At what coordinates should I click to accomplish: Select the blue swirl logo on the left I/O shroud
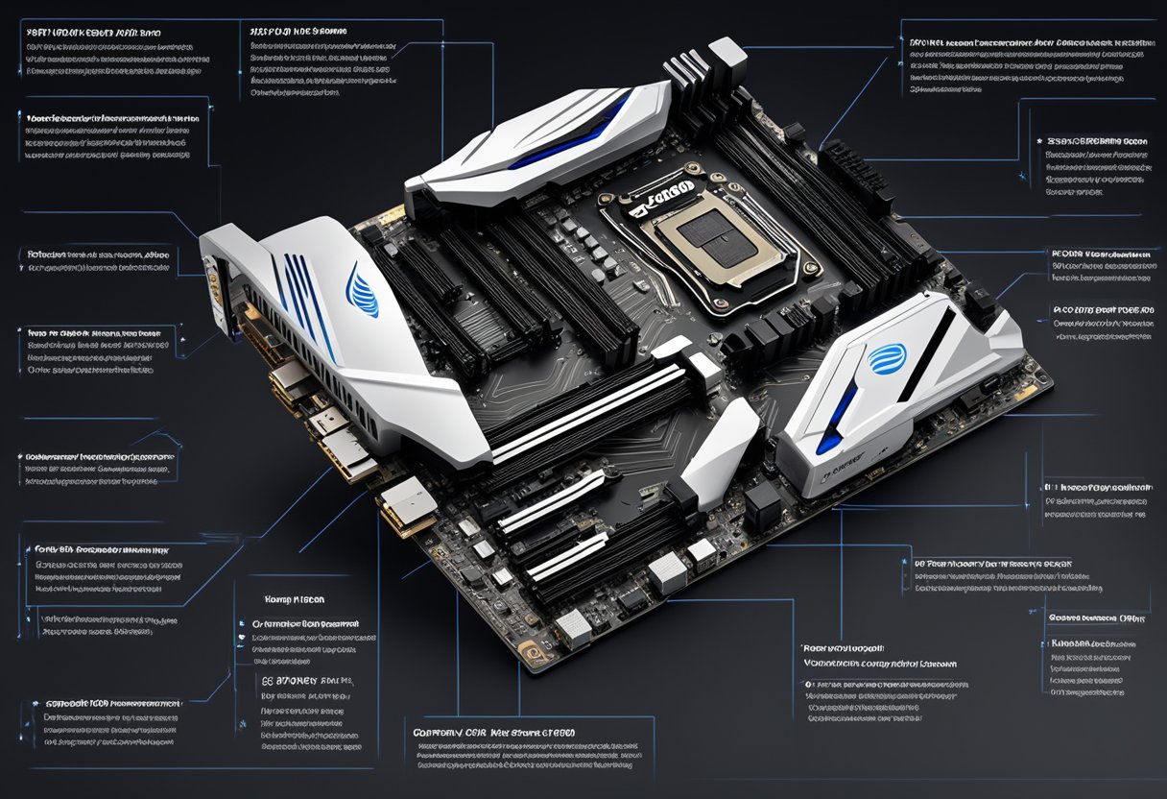pyautogui.click(x=364, y=291)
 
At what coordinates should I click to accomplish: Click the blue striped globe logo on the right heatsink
pyautogui.click(x=886, y=358)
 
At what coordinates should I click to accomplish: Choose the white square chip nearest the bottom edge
pyautogui.click(x=573, y=627)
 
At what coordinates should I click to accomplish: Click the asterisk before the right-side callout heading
pyautogui.click(x=1040, y=140)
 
